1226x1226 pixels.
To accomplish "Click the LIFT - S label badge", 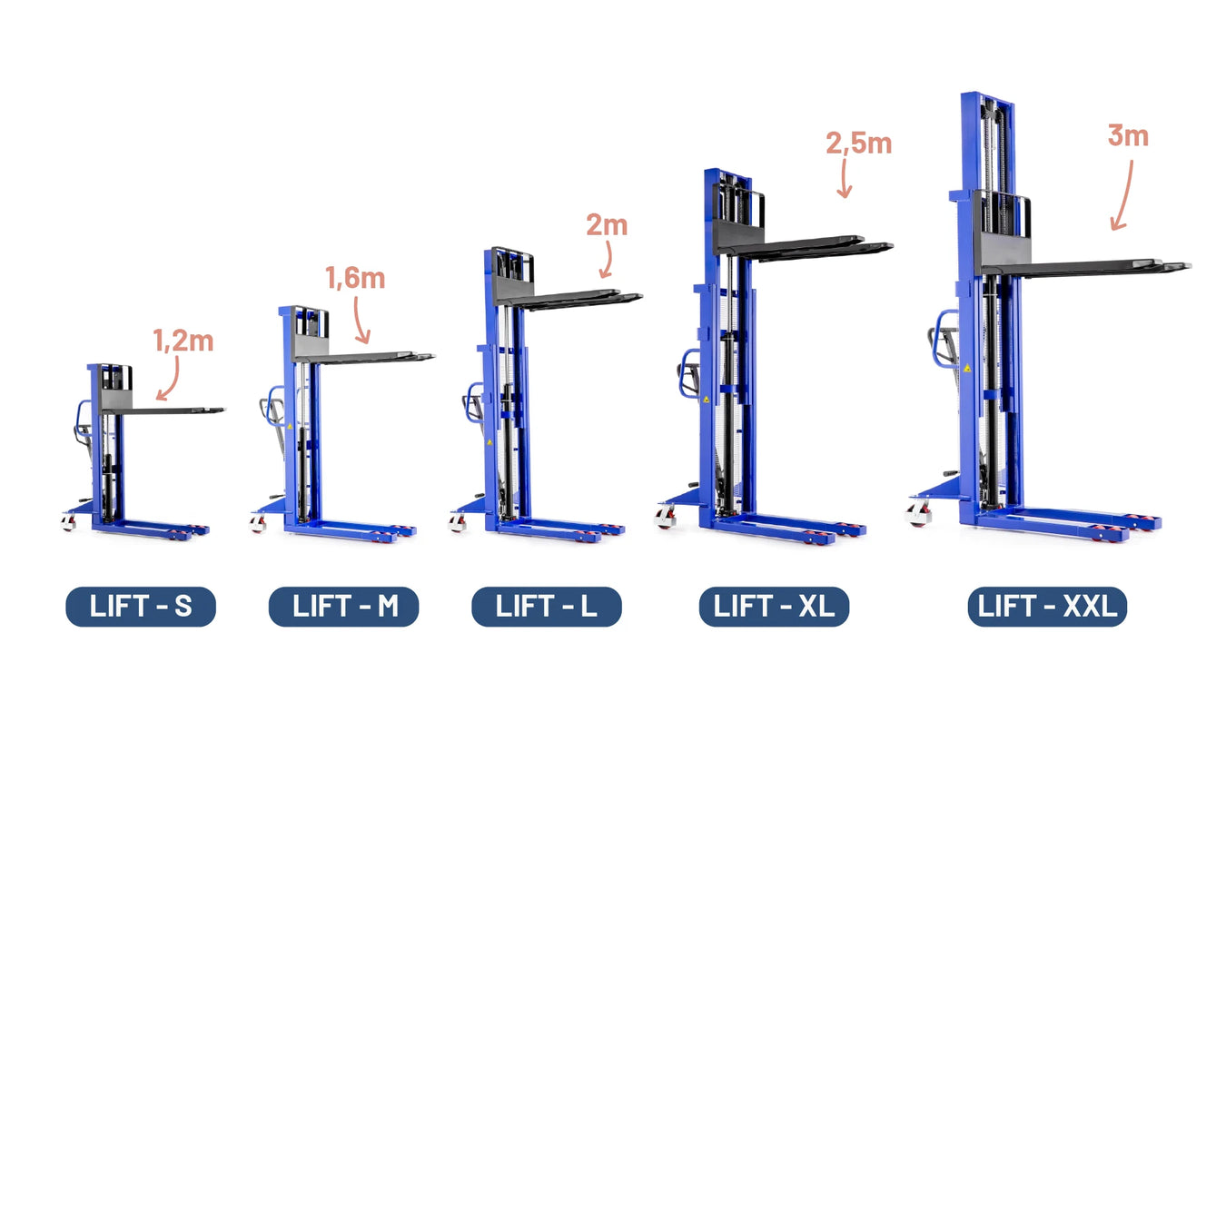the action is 141,607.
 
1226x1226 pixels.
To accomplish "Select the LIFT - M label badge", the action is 343,607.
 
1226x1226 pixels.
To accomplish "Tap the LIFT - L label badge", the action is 547,607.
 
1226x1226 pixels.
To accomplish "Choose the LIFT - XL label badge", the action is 774,607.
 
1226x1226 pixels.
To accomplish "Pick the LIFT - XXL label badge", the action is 1047,607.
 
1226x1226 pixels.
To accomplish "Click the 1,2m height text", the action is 183,341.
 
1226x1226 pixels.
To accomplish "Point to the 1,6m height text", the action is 356,279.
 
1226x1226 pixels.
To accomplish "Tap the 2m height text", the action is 607,224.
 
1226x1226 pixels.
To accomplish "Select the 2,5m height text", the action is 859,143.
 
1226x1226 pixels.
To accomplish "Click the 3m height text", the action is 1128,135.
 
